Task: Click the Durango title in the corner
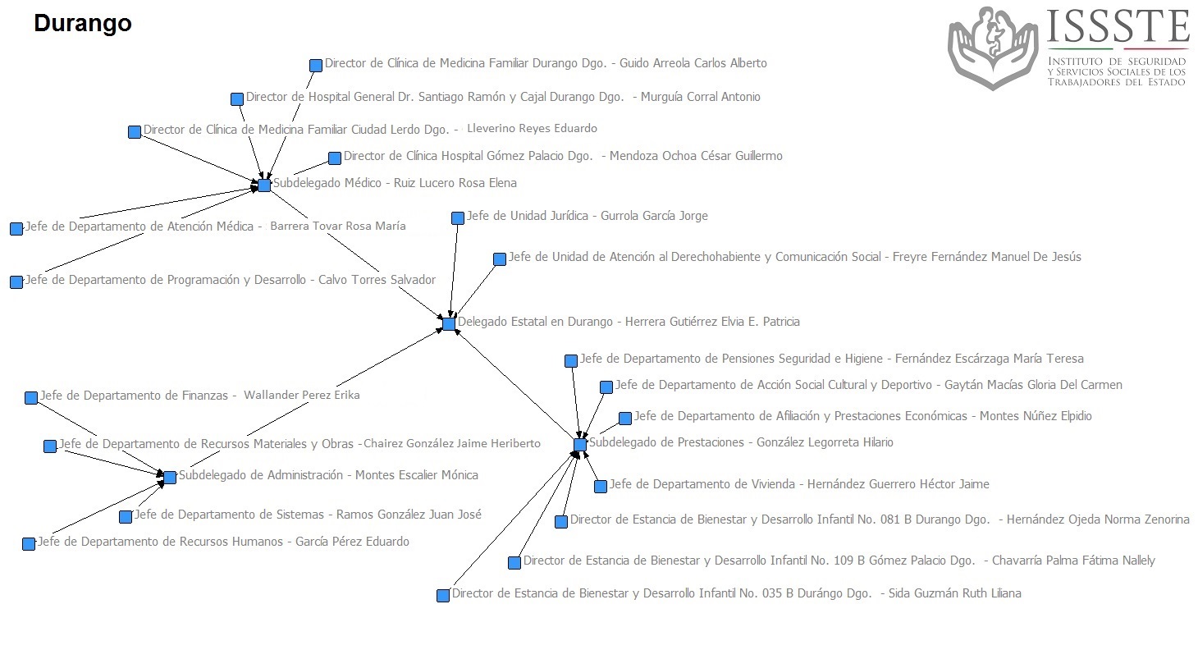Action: pos(83,24)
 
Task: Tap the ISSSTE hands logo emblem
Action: pos(993,48)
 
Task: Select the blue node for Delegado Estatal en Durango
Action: pos(449,323)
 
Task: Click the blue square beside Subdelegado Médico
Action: pos(264,185)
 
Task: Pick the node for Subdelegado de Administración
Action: pos(170,477)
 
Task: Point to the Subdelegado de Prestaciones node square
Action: pos(580,445)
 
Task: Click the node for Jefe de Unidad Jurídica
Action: pos(457,217)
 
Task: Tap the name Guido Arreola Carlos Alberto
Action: pos(693,63)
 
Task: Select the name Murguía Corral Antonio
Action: pos(701,97)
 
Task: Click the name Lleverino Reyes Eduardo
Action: pos(533,128)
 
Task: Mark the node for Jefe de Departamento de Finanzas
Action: pos(31,397)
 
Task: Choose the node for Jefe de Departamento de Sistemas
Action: pos(126,517)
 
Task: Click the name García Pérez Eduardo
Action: pos(353,542)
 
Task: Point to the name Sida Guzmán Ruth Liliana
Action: pos(954,593)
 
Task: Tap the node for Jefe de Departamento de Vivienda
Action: pos(601,486)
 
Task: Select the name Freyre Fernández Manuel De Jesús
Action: pos(987,257)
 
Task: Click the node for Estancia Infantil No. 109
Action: pos(514,563)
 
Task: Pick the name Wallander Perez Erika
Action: pos(302,395)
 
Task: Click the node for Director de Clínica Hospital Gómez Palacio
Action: pos(334,158)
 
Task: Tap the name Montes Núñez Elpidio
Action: pos(1036,415)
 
